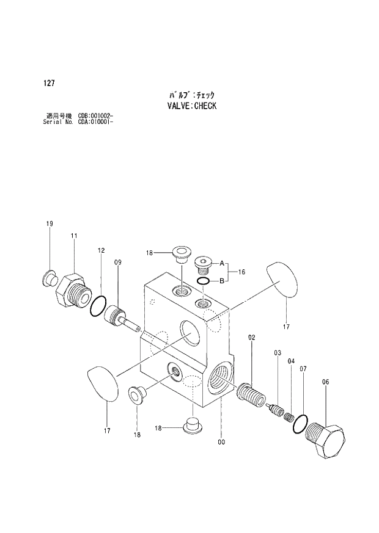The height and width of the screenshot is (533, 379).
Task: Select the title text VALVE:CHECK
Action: click(192, 106)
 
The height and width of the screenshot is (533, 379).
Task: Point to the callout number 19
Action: click(50, 224)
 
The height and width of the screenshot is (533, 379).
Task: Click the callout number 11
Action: click(73, 236)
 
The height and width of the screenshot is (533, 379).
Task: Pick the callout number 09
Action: click(117, 263)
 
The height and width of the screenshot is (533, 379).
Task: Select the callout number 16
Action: click(241, 272)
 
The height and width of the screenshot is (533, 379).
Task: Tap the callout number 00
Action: click(221, 442)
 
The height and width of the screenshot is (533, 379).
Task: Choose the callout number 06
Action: click(325, 382)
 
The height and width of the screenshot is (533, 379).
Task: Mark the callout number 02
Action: click(251, 338)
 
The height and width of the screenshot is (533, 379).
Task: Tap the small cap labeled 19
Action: click(48, 278)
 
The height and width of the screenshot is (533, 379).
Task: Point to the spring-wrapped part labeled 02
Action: click(251, 392)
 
